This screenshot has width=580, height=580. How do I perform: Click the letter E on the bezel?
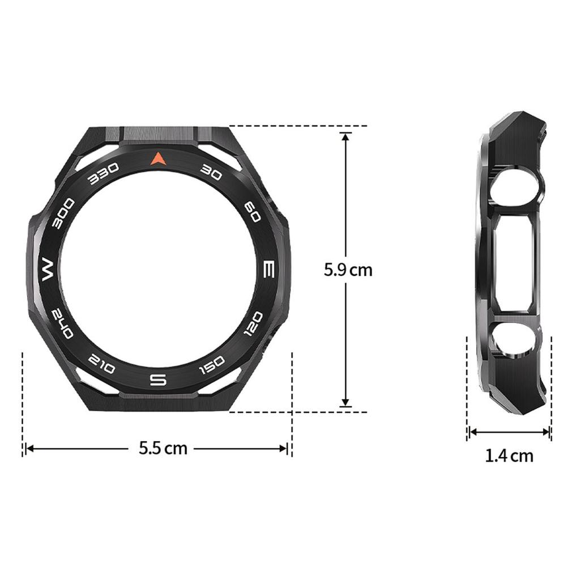pos(270,269)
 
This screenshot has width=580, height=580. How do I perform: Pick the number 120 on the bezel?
pos(253,323)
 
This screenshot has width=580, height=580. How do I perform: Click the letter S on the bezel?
pos(158,379)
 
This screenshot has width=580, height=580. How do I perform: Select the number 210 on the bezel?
pos(103,365)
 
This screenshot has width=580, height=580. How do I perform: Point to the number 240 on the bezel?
pos(62,324)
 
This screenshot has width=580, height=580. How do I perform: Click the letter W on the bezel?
pos(46,270)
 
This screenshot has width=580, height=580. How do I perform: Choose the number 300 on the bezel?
pos(63,214)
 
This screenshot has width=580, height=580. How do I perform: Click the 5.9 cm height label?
pos(348,270)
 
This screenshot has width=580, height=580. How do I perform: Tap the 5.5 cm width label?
pos(163,448)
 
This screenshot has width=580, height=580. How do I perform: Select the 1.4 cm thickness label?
pos(509,455)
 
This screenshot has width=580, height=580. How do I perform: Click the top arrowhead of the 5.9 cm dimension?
pos(346,137)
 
